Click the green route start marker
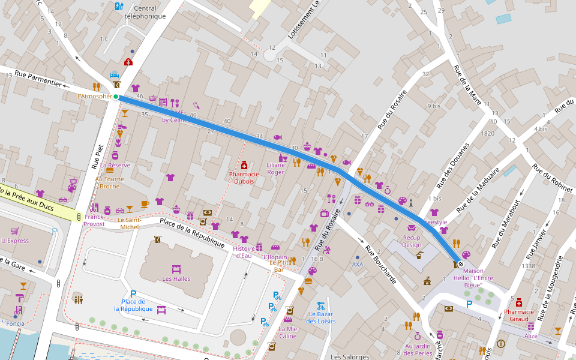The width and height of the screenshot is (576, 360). pyautogui.click(x=116, y=97)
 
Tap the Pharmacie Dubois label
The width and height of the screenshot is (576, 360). pyautogui.click(x=244, y=178)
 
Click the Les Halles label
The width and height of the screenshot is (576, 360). pyautogui.click(x=176, y=278)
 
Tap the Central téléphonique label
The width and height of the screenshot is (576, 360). pyautogui.click(x=145, y=12)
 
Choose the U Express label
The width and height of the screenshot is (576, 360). pyautogui.click(x=15, y=241)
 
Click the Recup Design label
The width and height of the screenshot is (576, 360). pyautogui.click(x=412, y=241)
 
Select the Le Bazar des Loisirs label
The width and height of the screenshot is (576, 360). pyautogui.click(x=320, y=317)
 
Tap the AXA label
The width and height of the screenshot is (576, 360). pyautogui.click(x=358, y=264)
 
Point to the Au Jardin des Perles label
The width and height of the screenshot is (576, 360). pyautogui.click(x=418, y=349)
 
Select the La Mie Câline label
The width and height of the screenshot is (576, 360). pyautogui.click(x=287, y=332)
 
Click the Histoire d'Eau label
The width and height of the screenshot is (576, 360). pyautogui.click(x=244, y=251)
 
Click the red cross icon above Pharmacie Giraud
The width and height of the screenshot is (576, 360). pyautogui.click(x=518, y=302)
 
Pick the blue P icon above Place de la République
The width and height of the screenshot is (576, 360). pyautogui.click(x=133, y=293)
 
